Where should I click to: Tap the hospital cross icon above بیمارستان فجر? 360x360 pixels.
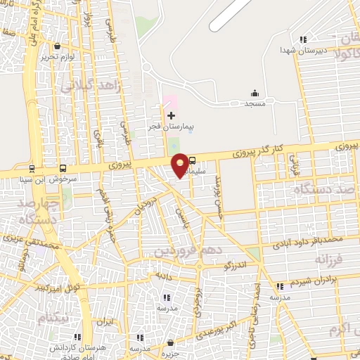click(x=171, y=114)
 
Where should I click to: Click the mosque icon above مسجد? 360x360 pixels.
click(x=255, y=94)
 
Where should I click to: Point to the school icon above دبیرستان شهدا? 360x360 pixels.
click(x=302, y=39)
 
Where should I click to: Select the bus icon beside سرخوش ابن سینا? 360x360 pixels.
click(x=63, y=169)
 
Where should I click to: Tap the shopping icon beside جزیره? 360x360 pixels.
click(x=170, y=343)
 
